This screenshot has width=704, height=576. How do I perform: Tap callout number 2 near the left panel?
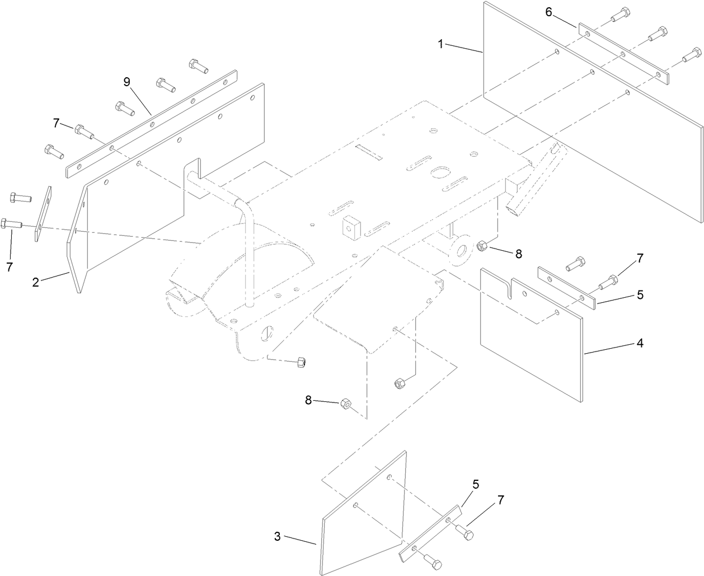[x=36, y=282]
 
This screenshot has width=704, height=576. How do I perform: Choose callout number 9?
[x=127, y=82]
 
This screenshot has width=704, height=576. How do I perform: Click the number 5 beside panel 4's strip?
[x=640, y=294]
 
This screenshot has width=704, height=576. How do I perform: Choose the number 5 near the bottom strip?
[x=476, y=484]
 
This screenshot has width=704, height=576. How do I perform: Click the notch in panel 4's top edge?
[x=508, y=287]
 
